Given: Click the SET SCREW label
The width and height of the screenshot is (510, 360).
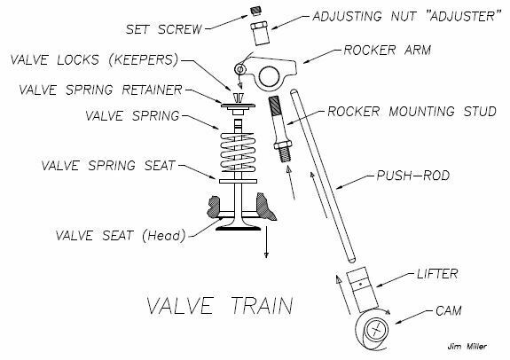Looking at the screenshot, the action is [x=163, y=29].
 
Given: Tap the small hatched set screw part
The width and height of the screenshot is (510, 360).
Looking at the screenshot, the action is [x=256, y=11].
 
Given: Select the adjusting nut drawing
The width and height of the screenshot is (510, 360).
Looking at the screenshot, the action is [x=260, y=33].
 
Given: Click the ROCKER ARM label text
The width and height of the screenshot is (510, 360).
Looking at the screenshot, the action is [x=388, y=50].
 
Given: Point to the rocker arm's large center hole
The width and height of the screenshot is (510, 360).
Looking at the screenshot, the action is [x=270, y=75].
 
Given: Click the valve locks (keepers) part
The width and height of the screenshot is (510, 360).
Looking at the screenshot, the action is [x=239, y=98].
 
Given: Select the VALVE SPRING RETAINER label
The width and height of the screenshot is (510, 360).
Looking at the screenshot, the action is [x=100, y=90].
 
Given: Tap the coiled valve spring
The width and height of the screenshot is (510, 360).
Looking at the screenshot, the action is [x=238, y=152].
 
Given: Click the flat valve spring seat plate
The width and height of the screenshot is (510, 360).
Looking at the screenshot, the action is [x=238, y=181].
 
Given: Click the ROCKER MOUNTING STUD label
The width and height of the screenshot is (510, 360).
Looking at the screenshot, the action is [x=412, y=112].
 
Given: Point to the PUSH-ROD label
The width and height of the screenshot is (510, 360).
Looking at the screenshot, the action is [x=413, y=176].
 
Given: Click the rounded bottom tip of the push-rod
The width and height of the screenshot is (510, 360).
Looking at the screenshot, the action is [x=351, y=260].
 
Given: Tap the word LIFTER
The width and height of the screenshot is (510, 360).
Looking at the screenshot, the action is [x=437, y=274].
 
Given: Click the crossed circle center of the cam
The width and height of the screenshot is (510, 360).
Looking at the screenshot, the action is [x=376, y=330].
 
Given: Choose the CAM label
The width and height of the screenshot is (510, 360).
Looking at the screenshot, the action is [x=449, y=310].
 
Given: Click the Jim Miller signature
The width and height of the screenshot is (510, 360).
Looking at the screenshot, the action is [x=467, y=347].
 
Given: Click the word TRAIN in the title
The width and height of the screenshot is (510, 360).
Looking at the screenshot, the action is [x=262, y=305].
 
